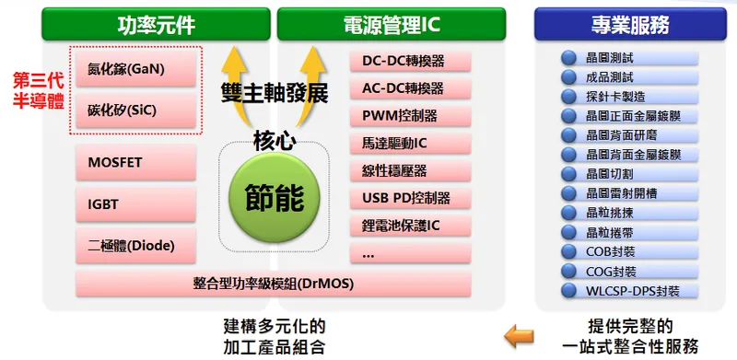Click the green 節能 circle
pos(274,197)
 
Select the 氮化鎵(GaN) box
pos(136,68)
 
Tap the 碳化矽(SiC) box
pos(136,109)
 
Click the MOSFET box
pos(136,163)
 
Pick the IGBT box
pos(136,203)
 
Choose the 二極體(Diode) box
pos(136,245)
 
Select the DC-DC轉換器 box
pos(410,62)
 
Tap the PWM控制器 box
pos(410,116)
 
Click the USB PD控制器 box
pos(410,198)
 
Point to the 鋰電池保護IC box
pos(410,225)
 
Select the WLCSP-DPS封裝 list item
pos(632,291)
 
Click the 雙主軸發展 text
pos(274,93)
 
